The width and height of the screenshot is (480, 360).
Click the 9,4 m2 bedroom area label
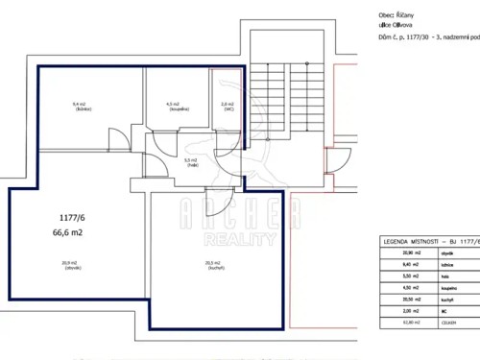[x=79, y=106]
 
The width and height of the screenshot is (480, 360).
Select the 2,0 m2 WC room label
[x=227, y=106]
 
